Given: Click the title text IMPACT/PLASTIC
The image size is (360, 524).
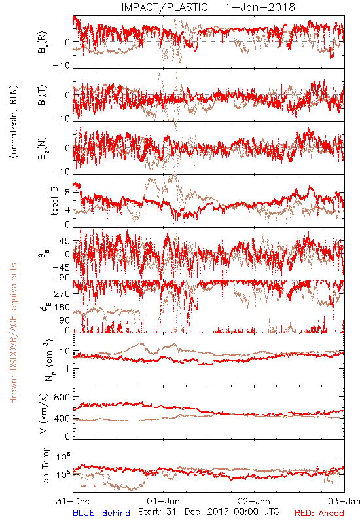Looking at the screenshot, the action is point(164,7).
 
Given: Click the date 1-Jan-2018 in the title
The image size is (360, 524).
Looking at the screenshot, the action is point(260,7).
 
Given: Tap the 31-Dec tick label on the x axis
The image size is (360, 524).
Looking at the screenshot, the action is point(73,501).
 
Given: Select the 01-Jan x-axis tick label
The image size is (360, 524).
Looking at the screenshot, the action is point(163,501).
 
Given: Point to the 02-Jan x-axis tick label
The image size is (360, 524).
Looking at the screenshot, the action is point(254,501).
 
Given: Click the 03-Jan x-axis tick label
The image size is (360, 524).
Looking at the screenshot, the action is point(344,501).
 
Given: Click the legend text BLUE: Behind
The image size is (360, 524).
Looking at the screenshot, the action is point(101,513).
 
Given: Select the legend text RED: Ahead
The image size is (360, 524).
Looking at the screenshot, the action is point(319,513).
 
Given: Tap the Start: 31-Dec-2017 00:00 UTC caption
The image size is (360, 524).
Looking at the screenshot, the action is point(209,512).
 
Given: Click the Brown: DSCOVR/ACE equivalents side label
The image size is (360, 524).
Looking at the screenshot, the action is point(13,333).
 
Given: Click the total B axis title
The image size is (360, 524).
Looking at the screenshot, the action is point(54,201).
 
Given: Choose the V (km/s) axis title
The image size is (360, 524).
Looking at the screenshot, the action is point(45,413).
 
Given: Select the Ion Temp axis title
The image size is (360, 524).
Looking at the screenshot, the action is point(45,466).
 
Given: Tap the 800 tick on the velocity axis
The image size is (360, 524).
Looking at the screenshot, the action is point(62,397).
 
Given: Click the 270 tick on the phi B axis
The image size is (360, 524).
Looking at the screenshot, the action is point(62,294).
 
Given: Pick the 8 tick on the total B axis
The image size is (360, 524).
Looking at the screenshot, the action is point(67,193).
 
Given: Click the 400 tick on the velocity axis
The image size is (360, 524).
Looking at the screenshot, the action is point(62,419).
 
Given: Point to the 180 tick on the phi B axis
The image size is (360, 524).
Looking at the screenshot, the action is point(62,307).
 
